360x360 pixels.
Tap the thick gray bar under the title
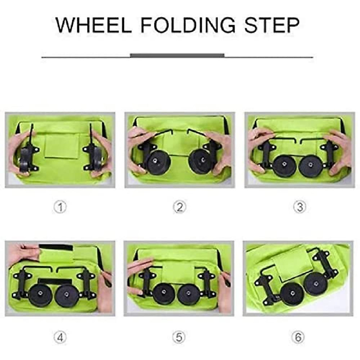(177, 55)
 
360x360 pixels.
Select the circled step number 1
(60, 207)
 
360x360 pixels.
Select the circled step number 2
(179, 207)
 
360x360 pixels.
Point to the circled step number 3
(299, 207)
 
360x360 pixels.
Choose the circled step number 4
(60, 337)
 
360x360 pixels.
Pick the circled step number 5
(179, 337)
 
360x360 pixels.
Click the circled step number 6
(298, 337)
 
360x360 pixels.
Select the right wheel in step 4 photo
(67, 295)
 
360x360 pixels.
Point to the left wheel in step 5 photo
(163, 293)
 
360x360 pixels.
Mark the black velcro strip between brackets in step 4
(55, 281)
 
